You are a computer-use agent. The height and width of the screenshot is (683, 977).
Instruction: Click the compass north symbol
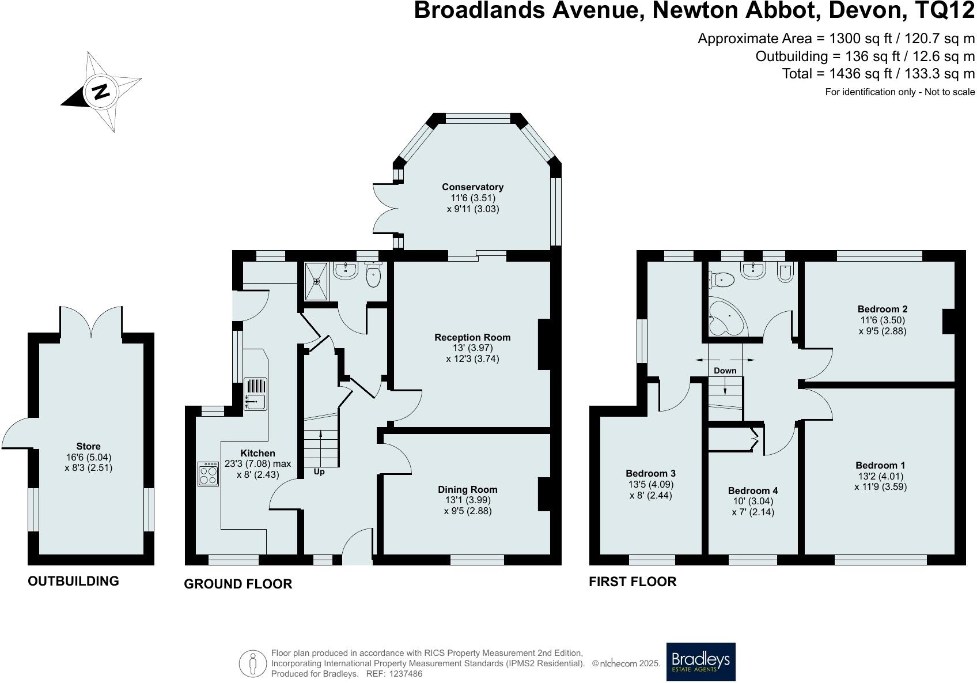click(101, 92)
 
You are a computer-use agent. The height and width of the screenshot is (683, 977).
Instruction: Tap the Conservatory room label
click(472, 187)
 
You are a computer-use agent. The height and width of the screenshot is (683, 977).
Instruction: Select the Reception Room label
click(472, 337)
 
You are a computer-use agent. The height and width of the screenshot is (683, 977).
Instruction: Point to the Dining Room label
click(468, 490)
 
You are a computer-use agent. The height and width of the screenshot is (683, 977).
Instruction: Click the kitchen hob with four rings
click(208, 474)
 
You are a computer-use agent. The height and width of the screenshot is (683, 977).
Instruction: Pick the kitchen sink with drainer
click(255, 394)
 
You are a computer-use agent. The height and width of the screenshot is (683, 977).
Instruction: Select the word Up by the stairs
click(319, 472)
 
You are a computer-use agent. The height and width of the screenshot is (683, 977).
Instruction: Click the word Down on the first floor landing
click(725, 371)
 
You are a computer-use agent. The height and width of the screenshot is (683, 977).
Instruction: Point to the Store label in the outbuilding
click(88, 446)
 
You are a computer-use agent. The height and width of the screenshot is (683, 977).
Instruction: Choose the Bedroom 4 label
click(753, 490)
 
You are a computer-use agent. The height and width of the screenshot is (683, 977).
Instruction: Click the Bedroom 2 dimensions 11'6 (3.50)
click(883, 320)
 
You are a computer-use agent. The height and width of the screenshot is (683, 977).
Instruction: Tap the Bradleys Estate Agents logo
click(700, 662)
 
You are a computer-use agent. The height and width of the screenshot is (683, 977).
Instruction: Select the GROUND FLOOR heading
click(238, 584)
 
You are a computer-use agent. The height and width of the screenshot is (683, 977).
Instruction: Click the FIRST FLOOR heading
click(633, 582)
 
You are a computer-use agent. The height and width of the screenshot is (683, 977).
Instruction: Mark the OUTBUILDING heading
click(73, 581)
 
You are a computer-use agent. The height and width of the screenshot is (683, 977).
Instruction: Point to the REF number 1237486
click(406, 674)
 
